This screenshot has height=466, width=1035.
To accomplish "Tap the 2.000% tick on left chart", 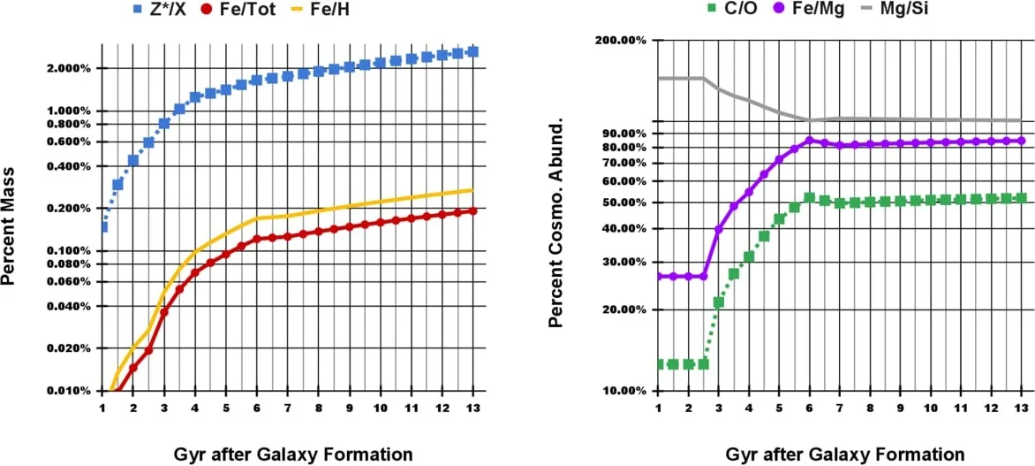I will (x=67, y=69).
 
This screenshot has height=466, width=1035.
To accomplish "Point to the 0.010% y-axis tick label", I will (x=67, y=391).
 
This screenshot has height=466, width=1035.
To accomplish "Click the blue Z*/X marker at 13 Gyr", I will (x=472, y=52).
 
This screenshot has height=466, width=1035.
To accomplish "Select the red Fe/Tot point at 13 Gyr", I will (x=472, y=211).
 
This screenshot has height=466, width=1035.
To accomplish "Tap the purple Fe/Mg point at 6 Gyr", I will (x=809, y=140).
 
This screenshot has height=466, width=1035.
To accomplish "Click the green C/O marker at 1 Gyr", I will (x=658, y=364).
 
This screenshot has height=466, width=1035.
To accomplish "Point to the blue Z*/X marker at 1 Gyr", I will (x=102, y=227).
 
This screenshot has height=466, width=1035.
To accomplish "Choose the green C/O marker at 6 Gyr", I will (x=809, y=198).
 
